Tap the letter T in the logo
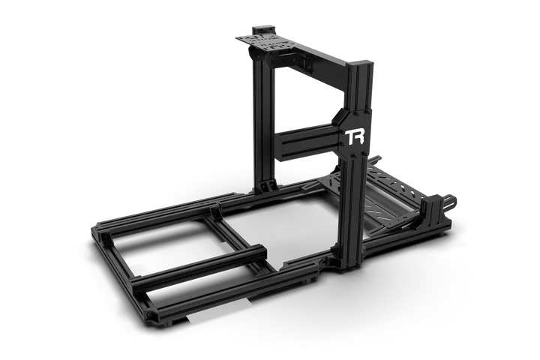[349, 137]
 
